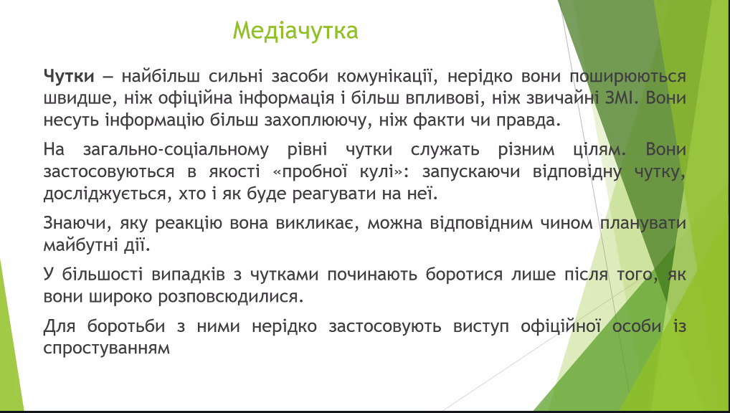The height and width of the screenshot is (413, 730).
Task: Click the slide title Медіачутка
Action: [295, 31]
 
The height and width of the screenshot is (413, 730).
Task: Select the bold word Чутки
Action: [69, 76]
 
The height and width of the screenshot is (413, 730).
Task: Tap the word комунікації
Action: [387, 76]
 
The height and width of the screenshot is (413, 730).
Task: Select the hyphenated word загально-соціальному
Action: [176, 150]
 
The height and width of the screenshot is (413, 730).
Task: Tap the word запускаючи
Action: [470, 172]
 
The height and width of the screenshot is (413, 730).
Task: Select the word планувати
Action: [643, 224]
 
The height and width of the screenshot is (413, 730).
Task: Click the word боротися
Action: [464, 275]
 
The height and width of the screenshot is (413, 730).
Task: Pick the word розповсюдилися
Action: [231, 297]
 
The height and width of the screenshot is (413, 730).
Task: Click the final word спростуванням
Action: [107, 348]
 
